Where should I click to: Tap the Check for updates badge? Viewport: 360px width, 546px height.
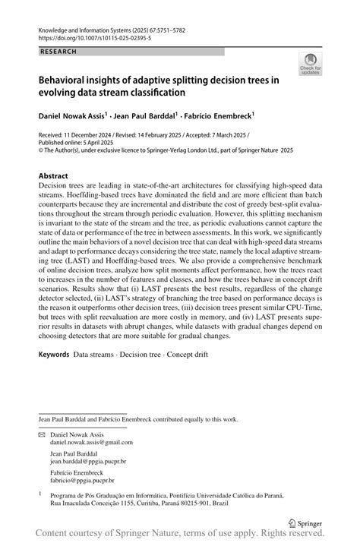coord(309,65)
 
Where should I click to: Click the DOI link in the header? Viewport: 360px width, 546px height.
coord(87,36)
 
